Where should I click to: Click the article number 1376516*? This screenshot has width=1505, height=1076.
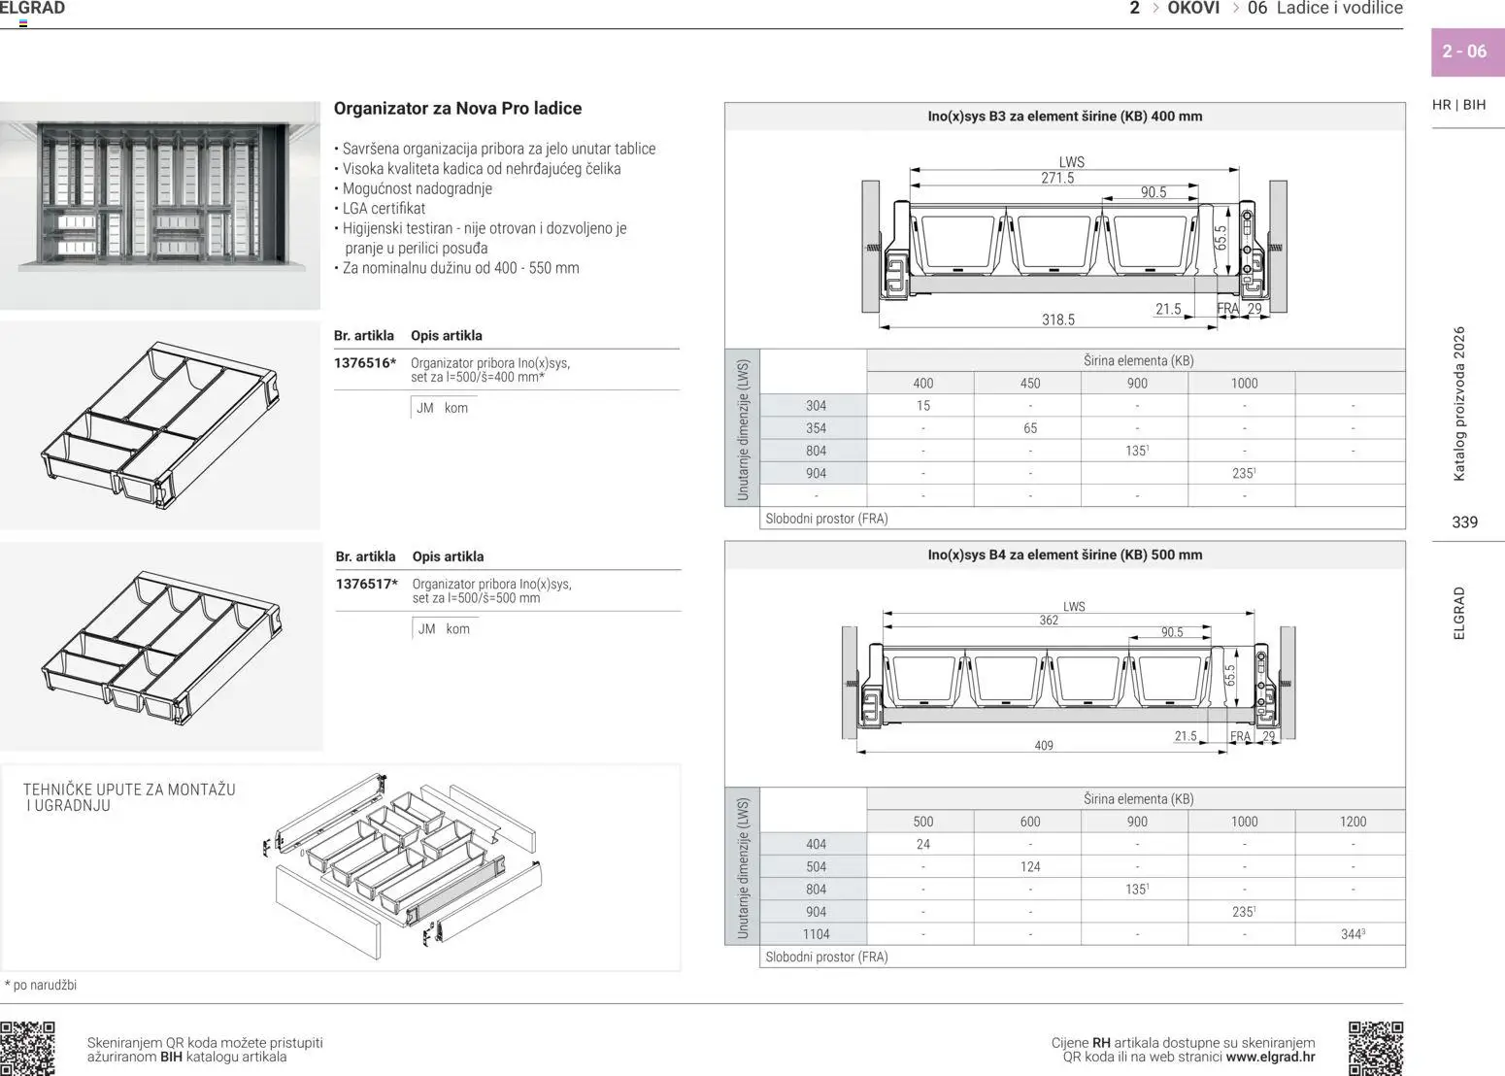[x=365, y=363]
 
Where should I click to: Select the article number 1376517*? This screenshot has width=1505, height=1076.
[x=367, y=584]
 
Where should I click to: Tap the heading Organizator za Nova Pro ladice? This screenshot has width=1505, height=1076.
[x=457, y=108]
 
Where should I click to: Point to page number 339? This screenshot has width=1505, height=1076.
[x=1464, y=521]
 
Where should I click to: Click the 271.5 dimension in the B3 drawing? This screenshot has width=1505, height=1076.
[x=1057, y=178]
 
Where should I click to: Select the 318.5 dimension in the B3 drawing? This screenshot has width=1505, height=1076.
[x=1058, y=319]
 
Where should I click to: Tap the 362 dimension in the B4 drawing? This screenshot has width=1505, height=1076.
[x=1049, y=620]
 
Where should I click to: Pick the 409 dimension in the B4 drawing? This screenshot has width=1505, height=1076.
[x=1044, y=746]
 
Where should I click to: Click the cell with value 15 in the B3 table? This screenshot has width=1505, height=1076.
[x=922, y=406]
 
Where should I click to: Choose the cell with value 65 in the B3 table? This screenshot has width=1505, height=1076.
[x=1030, y=428]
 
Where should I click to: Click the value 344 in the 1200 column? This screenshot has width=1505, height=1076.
[x=1352, y=934]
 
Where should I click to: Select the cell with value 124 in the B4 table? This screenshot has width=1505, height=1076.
[x=1030, y=866]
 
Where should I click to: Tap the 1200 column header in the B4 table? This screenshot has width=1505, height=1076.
[x=1353, y=822]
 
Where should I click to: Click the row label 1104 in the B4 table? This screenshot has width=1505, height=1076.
[x=816, y=934]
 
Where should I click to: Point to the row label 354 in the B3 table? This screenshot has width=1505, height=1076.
[x=816, y=428]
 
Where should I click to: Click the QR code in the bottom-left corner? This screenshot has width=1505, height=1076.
[x=27, y=1048]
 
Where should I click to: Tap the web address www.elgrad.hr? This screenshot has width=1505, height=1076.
[x=1270, y=1057]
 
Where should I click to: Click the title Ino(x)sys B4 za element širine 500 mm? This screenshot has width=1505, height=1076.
[x=1064, y=555]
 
